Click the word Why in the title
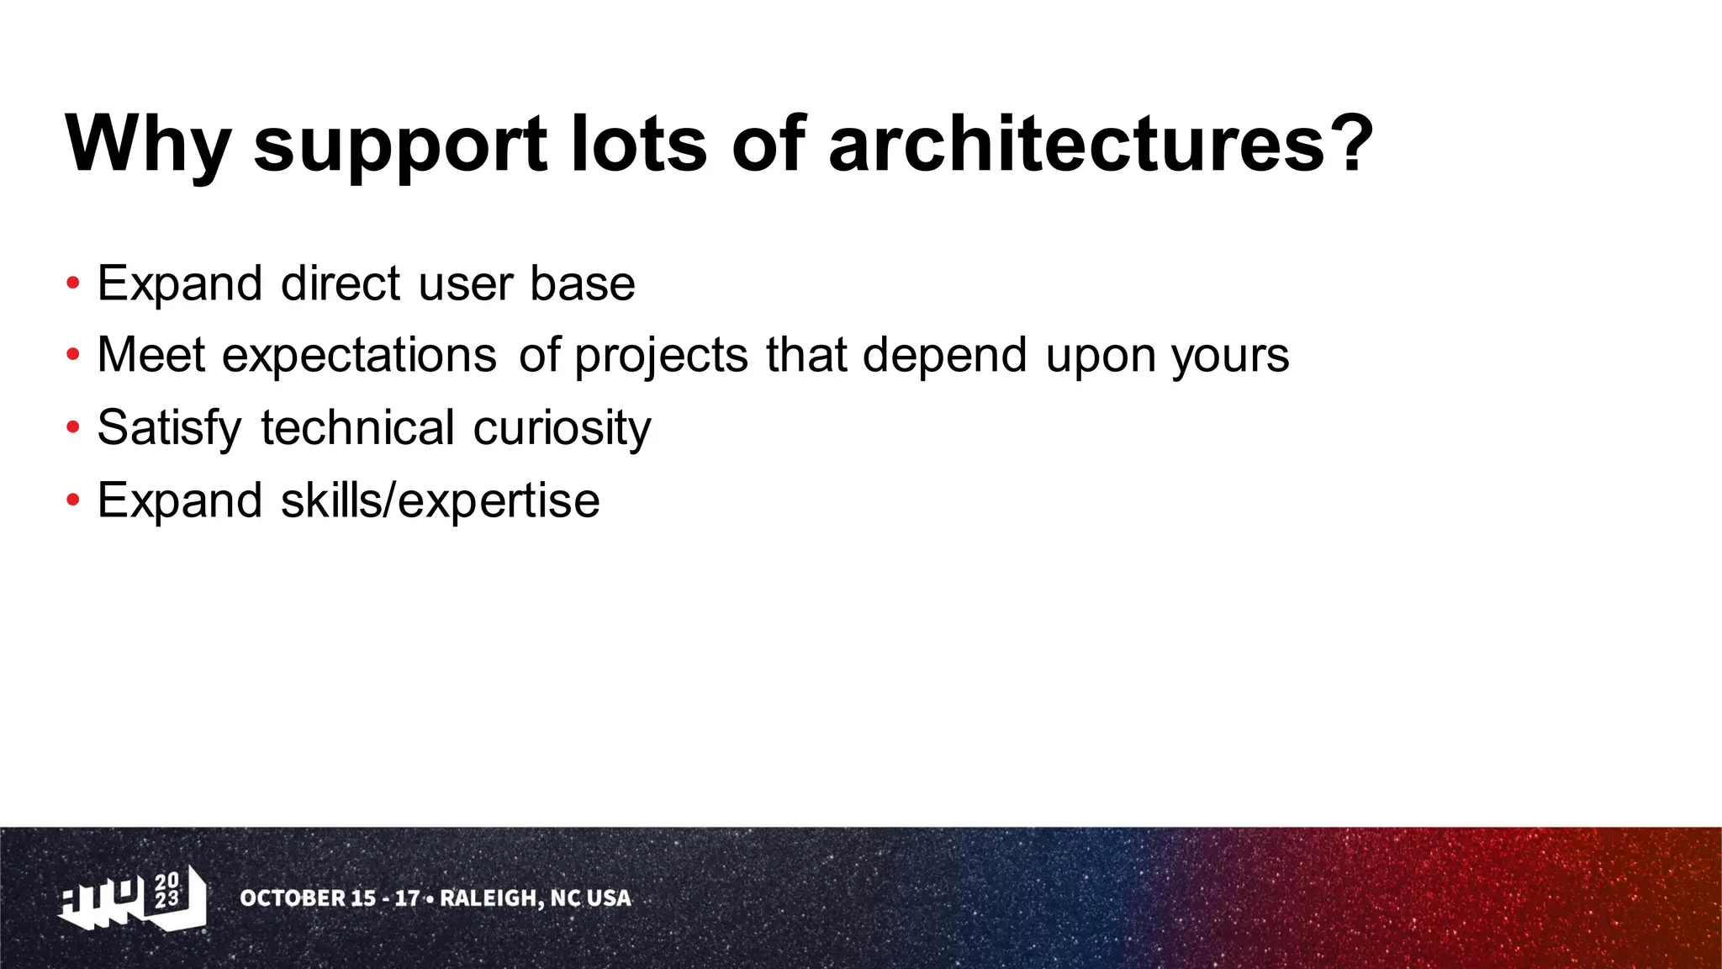tap(148, 145)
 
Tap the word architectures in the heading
tap(1077, 145)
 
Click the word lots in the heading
tap(638, 145)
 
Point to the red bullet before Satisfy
tap(73, 428)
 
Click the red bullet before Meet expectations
tap(73, 355)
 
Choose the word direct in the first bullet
tap(341, 283)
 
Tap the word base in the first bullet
tap(582, 283)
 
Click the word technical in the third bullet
tap(357, 428)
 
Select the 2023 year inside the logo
tap(167, 890)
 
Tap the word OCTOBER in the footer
tap(291, 898)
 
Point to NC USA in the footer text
tap(590, 898)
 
